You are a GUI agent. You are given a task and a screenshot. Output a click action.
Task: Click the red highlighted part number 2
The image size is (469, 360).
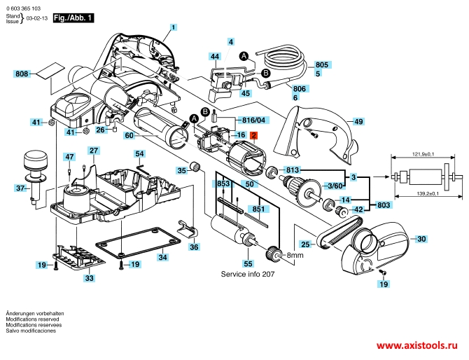[x=253, y=135]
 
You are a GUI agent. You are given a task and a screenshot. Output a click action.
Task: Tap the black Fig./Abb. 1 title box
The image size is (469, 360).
[x=73, y=18]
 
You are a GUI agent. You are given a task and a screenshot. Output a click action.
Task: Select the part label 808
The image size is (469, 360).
[x=22, y=74]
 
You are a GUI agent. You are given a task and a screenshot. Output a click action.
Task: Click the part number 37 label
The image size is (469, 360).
[x=20, y=188]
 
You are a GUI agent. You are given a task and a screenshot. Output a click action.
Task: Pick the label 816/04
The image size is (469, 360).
[x=253, y=120]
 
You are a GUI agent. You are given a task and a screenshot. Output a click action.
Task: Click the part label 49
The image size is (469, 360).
[x=358, y=121]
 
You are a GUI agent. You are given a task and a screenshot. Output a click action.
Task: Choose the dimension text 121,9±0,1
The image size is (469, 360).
[x=423, y=154]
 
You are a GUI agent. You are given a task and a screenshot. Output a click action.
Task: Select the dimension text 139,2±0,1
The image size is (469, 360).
[x=428, y=193]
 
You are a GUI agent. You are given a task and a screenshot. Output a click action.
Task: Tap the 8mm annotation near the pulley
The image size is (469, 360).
[x=295, y=255]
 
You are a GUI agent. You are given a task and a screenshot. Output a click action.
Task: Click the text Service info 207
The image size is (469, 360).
[x=248, y=274]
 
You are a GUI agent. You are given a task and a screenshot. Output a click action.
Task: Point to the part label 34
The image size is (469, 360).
[x=162, y=257]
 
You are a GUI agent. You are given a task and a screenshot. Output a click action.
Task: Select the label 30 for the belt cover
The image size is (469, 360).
[x=421, y=239]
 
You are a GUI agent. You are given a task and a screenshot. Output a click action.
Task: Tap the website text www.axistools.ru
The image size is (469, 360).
[x=417, y=345]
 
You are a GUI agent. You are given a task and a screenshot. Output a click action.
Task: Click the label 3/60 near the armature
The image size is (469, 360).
[x=335, y=186]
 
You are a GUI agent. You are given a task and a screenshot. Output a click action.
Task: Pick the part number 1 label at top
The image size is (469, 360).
[x=173, y=27]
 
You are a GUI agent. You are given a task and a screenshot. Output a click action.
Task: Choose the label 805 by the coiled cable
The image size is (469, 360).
[x=322, y=64]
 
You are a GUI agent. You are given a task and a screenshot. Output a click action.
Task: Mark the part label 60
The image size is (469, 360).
[x=129, y=135]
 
